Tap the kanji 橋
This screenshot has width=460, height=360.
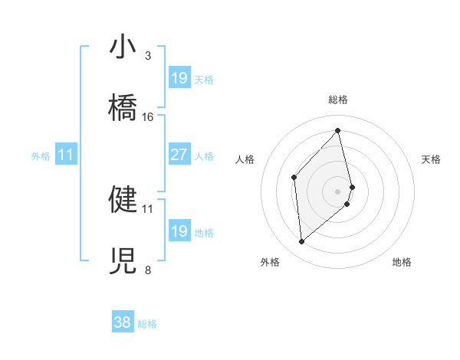[123, 109]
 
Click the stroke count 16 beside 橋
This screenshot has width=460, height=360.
[148, 117]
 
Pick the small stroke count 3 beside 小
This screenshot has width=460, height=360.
[148, 56]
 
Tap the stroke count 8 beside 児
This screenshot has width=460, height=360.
[148, 270]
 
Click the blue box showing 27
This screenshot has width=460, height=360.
[179, 155]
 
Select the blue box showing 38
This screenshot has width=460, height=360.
[123, 323]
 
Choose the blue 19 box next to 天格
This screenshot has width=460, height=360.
[179, 78]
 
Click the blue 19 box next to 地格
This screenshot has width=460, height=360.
[179, 231]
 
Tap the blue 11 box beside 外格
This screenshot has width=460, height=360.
[66, 155]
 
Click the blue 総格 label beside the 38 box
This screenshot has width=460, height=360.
[147, 324]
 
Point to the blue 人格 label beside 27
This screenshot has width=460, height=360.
[204, 155]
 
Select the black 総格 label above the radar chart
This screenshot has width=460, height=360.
[338, 100]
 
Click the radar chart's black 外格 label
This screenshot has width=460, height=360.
[270, 262]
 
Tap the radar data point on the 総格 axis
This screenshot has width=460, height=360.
[338, 131]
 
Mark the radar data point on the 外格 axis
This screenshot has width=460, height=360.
[302, 241]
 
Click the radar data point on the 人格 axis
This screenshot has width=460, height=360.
[294, 178]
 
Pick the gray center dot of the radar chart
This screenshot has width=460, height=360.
[338, 191]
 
